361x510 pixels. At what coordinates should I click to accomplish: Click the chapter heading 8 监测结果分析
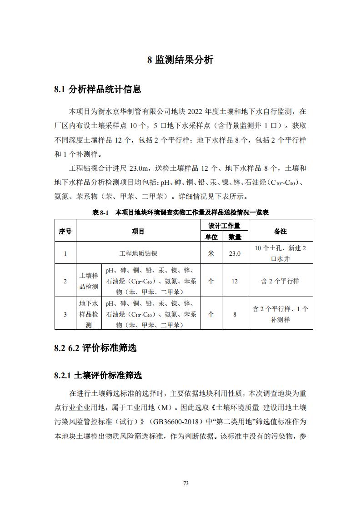point(180,60)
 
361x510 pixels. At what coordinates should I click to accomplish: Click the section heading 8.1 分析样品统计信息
point(97,89)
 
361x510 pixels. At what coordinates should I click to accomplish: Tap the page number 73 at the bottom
point(186,483)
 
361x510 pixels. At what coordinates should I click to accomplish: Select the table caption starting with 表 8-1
point(180,212)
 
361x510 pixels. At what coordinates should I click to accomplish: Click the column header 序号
point(65,231)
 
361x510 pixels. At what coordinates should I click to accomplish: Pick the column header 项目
point(138,231)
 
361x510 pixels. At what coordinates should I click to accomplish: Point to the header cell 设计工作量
point(224,226)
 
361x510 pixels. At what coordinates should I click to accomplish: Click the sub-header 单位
point(211,237)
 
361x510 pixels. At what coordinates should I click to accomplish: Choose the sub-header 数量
point(235,237)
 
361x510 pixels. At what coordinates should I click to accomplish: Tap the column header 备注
point(280,231)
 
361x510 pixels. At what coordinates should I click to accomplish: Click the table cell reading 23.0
point(235,253)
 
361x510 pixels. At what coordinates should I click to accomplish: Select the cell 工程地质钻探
point(138,253)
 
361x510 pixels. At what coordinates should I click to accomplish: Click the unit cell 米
point(211,253)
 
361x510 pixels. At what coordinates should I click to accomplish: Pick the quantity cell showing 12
point(235,281)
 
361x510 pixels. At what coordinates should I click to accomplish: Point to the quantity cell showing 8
point(235,314)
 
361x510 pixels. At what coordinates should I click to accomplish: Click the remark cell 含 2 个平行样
point(280,281)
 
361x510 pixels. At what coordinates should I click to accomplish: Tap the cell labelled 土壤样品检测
point(89,281)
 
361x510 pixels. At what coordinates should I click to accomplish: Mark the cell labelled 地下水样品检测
point(89,314)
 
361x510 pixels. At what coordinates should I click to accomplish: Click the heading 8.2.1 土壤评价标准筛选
point(98,376)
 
